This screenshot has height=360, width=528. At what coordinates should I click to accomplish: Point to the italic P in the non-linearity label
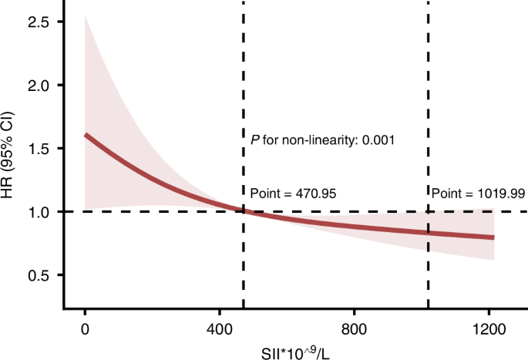[254, 140]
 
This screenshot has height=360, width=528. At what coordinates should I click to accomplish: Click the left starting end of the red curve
[86, 135]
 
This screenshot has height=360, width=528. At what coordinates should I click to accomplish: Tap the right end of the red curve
[493, 237]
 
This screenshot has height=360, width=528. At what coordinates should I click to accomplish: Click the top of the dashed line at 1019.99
[428, 3]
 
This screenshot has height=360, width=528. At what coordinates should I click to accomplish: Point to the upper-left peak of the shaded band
[86, 16]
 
